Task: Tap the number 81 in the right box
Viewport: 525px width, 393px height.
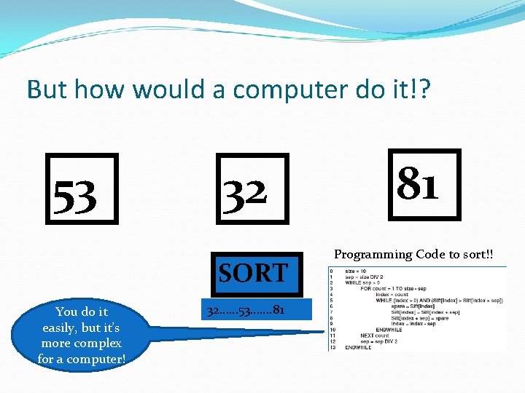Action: [418, 184]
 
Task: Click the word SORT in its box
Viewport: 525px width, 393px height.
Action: [253, 273]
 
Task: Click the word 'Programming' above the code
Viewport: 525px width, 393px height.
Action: [373, 254]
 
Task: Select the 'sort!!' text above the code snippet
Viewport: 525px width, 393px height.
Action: [476, 254]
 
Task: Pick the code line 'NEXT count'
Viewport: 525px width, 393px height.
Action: [374, 336]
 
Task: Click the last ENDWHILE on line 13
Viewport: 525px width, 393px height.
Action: [358, 347]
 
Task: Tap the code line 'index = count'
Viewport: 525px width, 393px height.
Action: [392, 294]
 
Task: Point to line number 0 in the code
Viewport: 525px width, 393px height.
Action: [331, 271]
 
